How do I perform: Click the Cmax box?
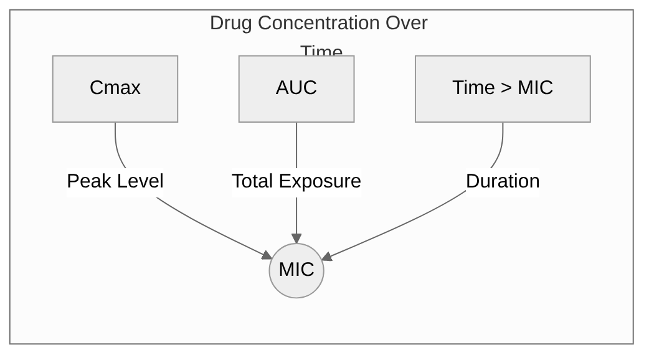pos(115,88)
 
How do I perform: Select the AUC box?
pos(296,88)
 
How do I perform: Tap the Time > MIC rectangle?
pos(503,88)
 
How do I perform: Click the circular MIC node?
pos(296,270)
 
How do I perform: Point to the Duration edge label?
pos(503,181)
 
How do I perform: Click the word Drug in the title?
pos(231,23)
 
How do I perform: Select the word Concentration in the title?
pos(320,23)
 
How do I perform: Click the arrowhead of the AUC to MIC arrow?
pos(296,239)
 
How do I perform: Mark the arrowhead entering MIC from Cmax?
pos(266,254)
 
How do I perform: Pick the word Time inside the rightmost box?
pos(473,88)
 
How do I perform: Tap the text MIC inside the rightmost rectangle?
pos(535,88)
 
